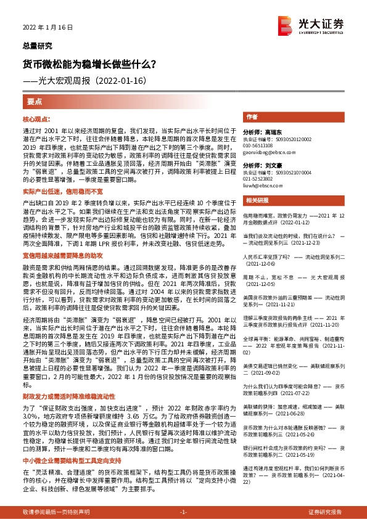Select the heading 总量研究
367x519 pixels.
click(x=35, y=46)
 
